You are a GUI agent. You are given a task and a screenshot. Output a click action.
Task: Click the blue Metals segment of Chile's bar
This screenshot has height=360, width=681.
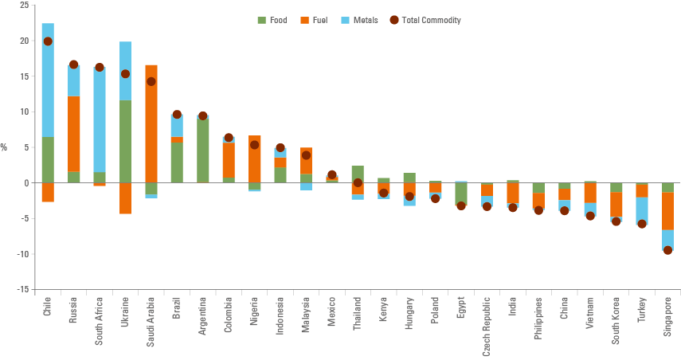[x=48, y=80]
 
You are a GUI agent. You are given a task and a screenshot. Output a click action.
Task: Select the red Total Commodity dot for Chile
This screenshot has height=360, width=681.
[x=48, y=41]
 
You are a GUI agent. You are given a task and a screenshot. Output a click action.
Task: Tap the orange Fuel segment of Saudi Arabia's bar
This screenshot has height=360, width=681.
[x=151, y=123]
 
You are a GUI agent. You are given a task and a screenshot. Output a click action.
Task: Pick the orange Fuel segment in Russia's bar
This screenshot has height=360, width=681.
[x=74, y=133]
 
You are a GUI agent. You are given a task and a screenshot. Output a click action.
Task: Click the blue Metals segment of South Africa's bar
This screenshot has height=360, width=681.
[x=100, y=119]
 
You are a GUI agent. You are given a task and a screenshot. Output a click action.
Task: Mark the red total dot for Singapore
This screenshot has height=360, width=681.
[x=667, y=250]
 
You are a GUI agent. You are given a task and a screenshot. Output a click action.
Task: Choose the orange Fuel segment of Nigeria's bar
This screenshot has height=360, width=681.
[x=254, y=159]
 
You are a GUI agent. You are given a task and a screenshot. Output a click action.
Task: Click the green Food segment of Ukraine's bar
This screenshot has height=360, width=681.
[x=125, y=141]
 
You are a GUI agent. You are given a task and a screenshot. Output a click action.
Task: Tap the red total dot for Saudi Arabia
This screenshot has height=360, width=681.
[x=151, y=81]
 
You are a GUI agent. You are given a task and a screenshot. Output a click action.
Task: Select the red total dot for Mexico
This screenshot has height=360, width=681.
[x=332, y=174]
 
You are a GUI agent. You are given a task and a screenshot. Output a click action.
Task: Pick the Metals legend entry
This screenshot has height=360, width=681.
[x=359, y=20]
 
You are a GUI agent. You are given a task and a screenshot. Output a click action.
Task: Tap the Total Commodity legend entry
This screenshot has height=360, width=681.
[x=425, y=20]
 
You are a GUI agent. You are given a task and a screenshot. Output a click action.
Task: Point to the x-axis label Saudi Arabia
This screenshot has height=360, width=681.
[x=151, y=323]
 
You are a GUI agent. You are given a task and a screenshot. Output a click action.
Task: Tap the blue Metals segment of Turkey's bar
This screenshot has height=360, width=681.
[x=642, y=211]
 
